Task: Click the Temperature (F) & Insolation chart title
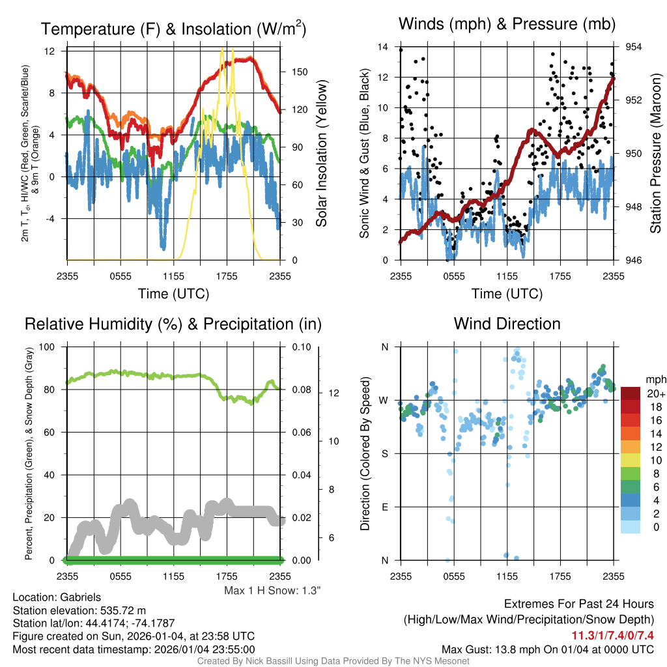173,29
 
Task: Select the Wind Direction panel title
507,324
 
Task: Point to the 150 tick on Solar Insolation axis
292,72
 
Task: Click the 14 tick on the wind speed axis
383,47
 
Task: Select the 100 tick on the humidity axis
50,347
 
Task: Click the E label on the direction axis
385,507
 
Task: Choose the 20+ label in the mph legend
655,393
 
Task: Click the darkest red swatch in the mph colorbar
631,393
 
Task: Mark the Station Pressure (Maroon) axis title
656,153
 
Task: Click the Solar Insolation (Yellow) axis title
321,154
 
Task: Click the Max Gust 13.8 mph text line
548,649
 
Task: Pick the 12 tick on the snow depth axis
332,393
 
